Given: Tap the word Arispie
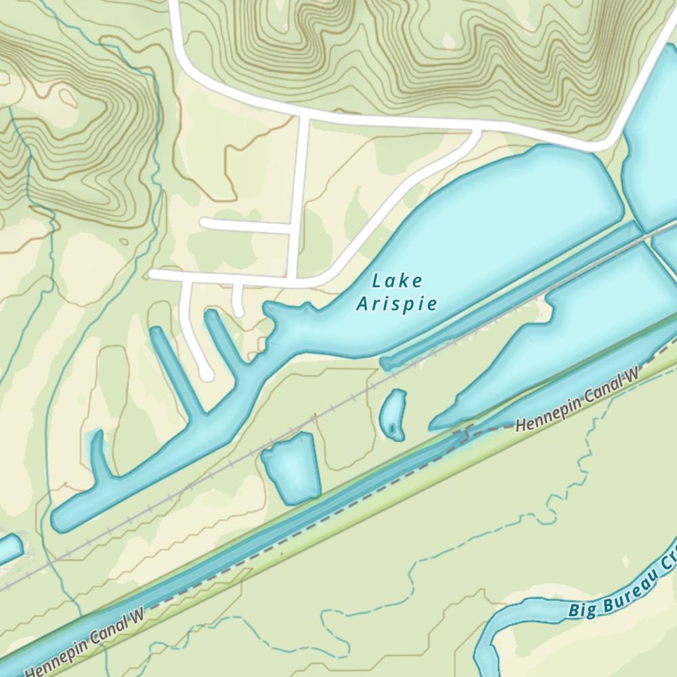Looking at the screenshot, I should pyautogui.click(x=397, y=304).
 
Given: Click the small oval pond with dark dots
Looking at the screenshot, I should pyautogui.click(x=393, y=414).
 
